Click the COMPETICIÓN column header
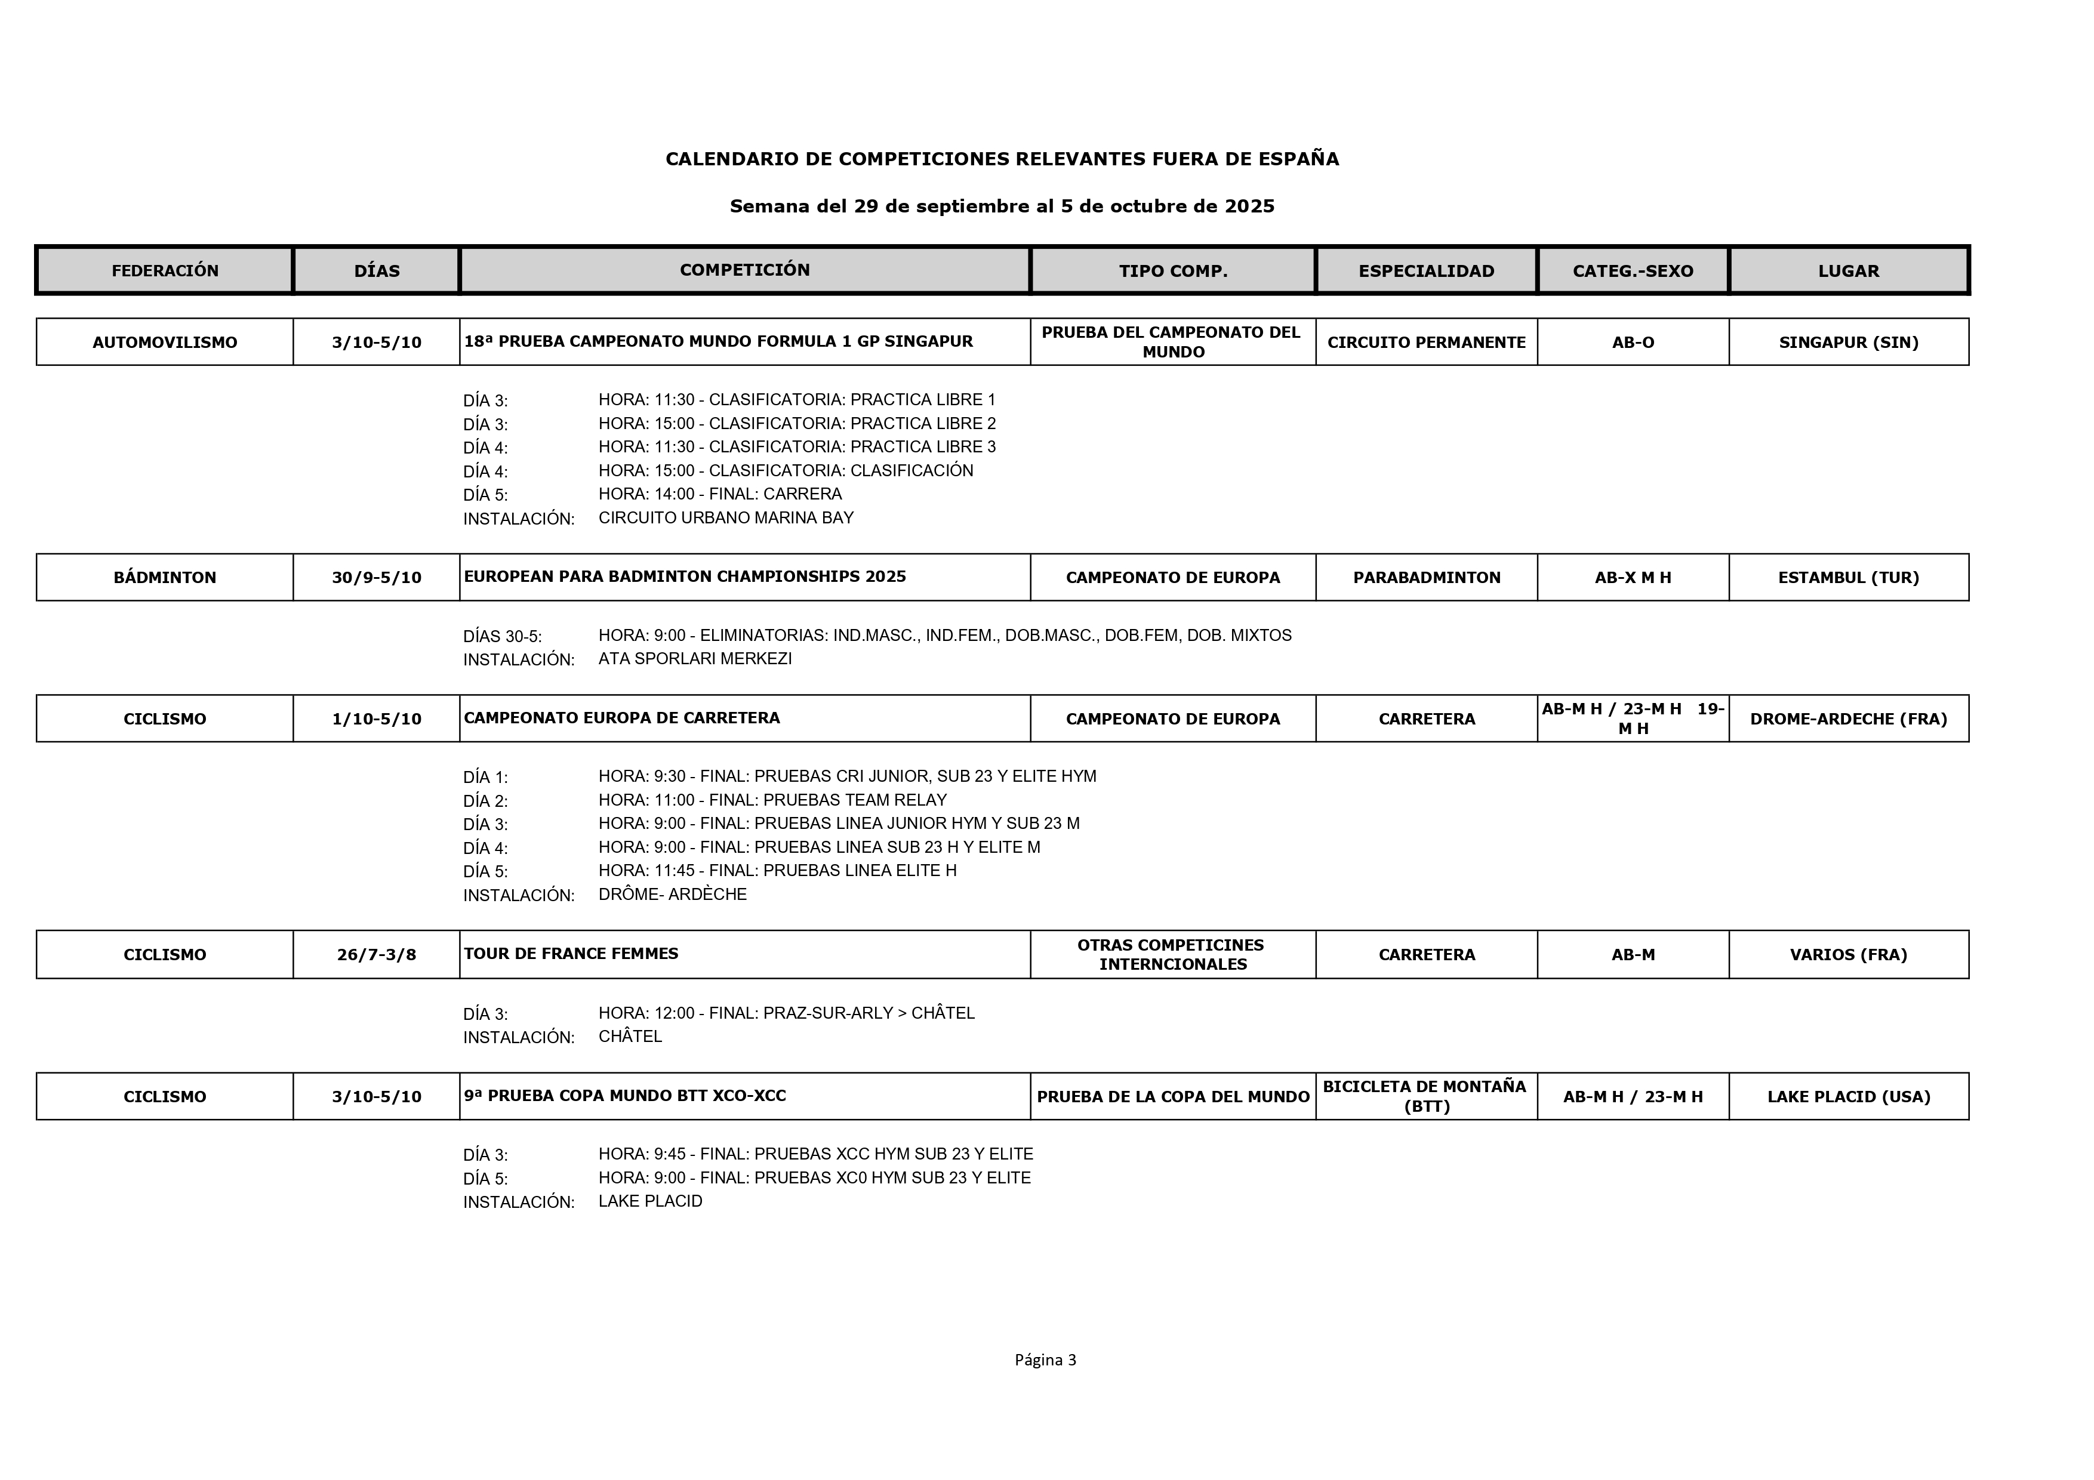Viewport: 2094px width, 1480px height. pyautogui.click(x=744, y=270)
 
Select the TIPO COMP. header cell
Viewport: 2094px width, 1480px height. pyautogui.click(x=1173, y=271)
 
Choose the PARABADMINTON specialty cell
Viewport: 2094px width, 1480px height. pyautogui.click(x=1427, y=577)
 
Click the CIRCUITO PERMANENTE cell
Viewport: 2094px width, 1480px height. pyautogui.click(x=1427, y=342)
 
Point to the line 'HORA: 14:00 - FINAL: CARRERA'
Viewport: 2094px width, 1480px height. pyautogui.click(x=719, y=494)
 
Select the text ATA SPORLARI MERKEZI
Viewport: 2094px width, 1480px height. pyautogui.click(x=695, y=658)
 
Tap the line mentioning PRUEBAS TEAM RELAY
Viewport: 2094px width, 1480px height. pyautogui.click(x=772, y=800)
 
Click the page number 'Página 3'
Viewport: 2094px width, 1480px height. pyautogui.click(x=1045, y=1359)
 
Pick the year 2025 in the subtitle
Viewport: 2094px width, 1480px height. pyautogui.click(x=1249, y=206)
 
